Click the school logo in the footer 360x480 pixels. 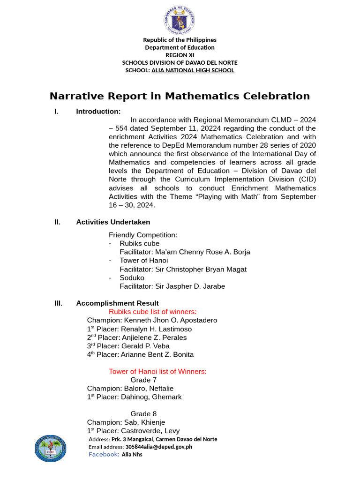point(51,450)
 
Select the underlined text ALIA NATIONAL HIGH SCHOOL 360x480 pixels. point(193,70)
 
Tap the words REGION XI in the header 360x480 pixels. point(180,55)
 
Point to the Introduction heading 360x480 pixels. point(98,112)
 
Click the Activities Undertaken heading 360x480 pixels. point(113,222)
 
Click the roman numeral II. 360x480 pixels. point(57,222)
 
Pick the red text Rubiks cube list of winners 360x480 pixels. point(153,312)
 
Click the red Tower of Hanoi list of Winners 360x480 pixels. point(157,372)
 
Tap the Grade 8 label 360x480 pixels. point(143,414)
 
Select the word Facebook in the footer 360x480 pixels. point(104,454)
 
